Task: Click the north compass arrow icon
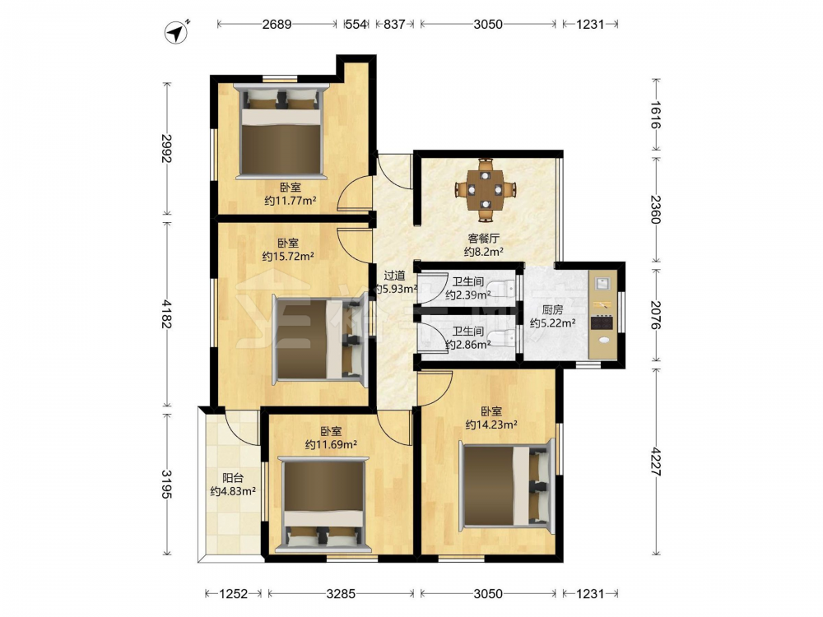click(177, 33)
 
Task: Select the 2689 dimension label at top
click(277, 24)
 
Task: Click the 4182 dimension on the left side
click(166, 313)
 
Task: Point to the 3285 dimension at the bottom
click(341, 593)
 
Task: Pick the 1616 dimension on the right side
click(656, 115)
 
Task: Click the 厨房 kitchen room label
click(552, 310)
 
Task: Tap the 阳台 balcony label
click(233, 478)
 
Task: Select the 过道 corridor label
click(394, 276)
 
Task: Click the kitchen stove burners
click(602, 322)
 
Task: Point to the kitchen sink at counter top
click(602, 283)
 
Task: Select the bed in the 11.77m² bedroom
click(281, 131)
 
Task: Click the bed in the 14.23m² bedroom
click(507, 485)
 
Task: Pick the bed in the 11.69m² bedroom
click(323, 505)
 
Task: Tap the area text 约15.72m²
click(288, 257)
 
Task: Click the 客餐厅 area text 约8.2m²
click(483, 252)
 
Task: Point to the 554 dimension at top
click(356, 24)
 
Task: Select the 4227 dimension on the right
click(656, 462)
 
